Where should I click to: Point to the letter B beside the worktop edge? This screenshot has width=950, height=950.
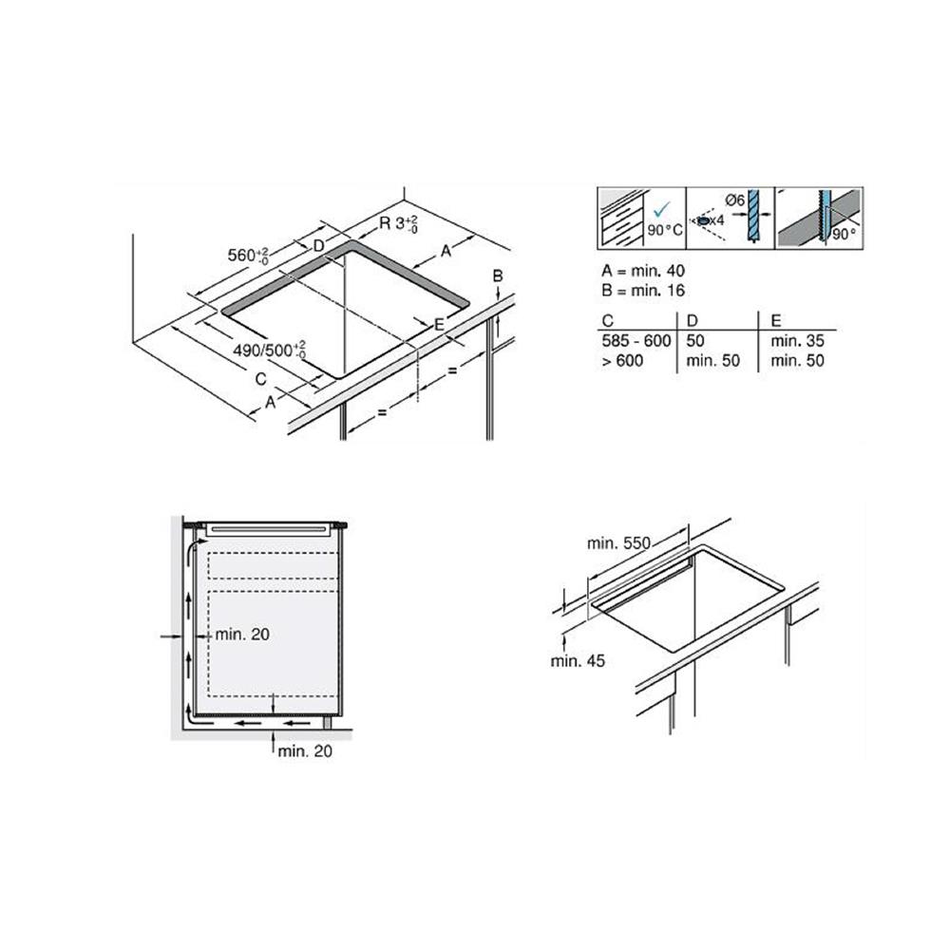click(x=496, y=276)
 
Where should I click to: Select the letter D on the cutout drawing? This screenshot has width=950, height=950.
click(x=318, y=246)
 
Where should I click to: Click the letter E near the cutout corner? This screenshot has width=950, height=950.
click(x=439, y=325)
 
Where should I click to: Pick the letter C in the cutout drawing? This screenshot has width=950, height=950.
click(x=260, y=379)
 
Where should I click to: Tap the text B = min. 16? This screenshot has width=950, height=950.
click(x=643, y=291)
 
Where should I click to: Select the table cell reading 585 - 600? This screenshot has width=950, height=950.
click(x=635, y=340)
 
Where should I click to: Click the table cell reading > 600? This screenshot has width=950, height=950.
click(x=622, y=360)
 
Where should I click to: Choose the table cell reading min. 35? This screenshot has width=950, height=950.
click(x=798, y=340)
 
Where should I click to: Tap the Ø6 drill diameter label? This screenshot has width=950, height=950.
click(x=732, y=199)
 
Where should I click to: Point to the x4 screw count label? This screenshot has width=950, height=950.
click(x=720, y=220)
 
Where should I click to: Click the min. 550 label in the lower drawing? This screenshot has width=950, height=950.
click(x=617, y=542)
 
